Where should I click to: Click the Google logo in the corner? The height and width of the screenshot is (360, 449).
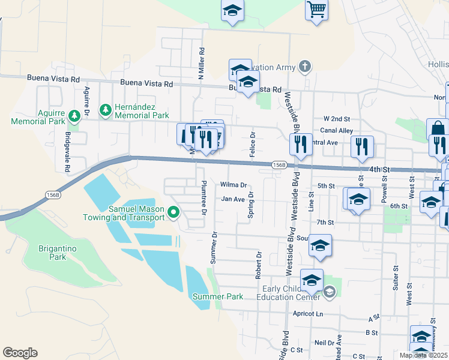[20, 353]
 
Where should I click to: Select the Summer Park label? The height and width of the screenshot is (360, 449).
[218, 296]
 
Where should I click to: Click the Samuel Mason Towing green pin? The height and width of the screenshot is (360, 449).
[174, 212]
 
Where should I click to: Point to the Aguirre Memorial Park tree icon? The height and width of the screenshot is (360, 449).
[74, 115]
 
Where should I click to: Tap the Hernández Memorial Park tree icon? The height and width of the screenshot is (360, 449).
[106, 109]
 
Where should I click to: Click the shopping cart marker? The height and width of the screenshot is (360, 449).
[316, 9]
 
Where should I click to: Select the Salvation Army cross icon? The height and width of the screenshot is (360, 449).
[305, 65]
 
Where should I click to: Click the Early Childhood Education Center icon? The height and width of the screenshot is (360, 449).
[329, 292]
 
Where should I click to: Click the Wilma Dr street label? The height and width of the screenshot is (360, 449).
[234, 185]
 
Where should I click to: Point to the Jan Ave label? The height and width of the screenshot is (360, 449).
[233, 199]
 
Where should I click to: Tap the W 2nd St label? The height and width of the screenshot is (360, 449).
[336, 119]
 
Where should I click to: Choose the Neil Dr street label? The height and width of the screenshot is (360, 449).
[324, 343]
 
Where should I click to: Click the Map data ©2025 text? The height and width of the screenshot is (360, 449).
[423, 355]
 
